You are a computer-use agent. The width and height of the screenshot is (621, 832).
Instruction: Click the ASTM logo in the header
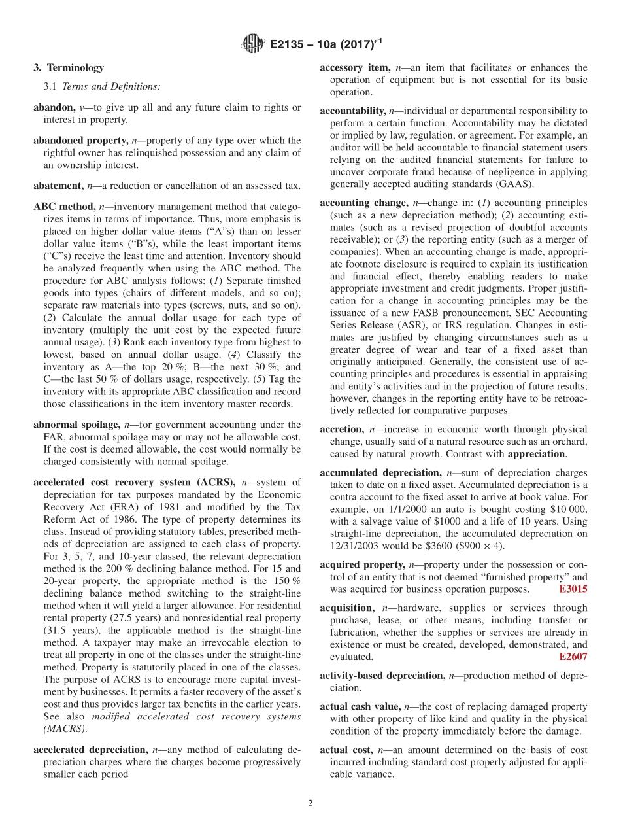click(252, 44)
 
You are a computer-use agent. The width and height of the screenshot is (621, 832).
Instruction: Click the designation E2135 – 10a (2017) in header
click(326, 44)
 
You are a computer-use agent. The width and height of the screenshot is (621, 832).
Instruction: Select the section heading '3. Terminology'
click(68, 67)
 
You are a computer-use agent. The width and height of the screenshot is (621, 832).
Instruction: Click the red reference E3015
click(573, 589)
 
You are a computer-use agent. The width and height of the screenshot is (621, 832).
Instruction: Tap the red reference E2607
click(573, 657)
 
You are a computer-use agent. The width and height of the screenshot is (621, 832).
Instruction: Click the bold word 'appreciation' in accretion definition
click(536, 453)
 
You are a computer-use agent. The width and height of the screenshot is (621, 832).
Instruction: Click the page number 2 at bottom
click(310, 803)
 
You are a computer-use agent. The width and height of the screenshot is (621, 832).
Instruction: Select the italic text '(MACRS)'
click(65, 729)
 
